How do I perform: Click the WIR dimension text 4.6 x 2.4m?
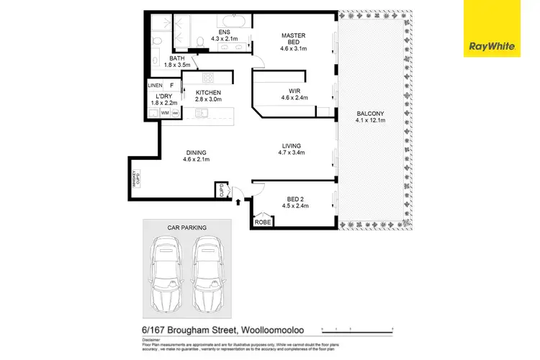(294, 98)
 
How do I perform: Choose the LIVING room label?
(292, 145)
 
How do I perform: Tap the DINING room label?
(196, 152)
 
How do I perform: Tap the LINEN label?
(155, 86)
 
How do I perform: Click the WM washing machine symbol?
(165, 113)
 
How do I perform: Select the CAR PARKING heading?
(186, 228)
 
